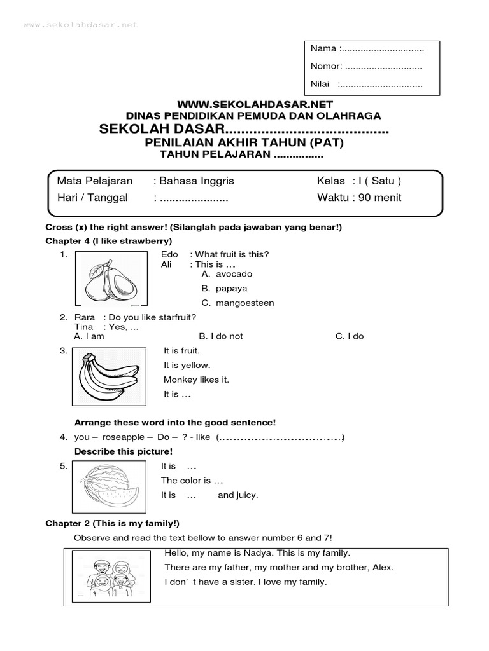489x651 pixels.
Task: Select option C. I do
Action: click(350, 336)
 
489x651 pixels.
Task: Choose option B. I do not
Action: click(221, 336)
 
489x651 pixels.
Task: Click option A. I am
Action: click(89, 336)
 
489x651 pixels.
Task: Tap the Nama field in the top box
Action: click(367, 49)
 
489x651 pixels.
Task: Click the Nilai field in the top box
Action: click(366, 84)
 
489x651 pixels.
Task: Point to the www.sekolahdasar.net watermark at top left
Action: click(80, 25)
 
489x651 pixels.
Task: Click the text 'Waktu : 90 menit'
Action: click(359, 197)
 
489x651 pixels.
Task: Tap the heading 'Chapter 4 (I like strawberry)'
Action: click(108, 241)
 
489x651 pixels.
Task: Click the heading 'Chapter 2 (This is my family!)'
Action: click(112, 523)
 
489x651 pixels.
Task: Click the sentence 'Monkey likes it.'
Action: click(196, 380)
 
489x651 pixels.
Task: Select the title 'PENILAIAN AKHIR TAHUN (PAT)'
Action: click(244, 143)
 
